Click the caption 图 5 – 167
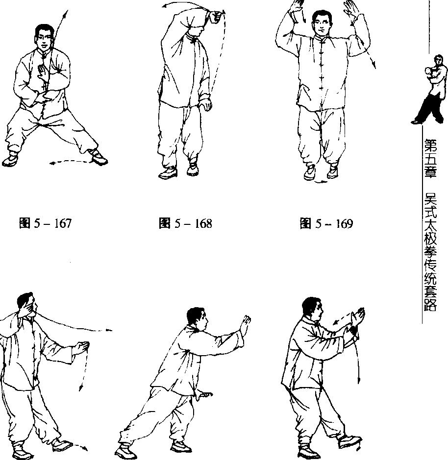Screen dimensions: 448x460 (45, 223)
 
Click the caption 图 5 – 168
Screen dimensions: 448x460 (185, 223)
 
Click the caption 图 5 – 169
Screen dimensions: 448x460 (326, 224)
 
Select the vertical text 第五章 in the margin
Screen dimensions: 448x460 (430, 158)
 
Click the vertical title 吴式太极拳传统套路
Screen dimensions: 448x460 (430, 251)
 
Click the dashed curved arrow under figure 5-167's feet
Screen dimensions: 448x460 (71, 161)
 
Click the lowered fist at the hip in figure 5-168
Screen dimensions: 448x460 (206, 104)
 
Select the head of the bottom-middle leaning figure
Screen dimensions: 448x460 (197, 318)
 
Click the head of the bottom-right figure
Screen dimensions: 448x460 (312, 309)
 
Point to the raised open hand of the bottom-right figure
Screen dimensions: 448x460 (358, 316)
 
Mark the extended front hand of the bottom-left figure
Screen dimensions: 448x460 (81, 348)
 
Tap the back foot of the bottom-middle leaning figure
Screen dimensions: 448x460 (125, 452)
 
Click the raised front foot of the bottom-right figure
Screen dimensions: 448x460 (350, 441)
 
